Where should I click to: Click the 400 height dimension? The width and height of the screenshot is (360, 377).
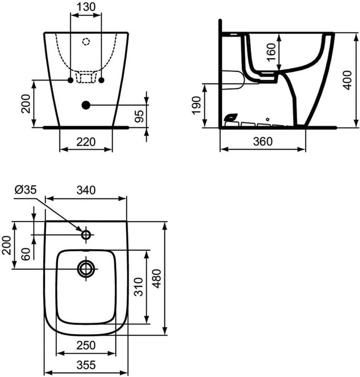point(347,79)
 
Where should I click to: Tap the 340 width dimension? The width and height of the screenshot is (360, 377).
point(86,191)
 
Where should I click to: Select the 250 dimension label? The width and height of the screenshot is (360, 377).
point(86,345)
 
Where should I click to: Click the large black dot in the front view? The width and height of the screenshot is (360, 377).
point(86,105)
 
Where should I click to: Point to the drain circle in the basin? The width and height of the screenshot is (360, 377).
point(85,269)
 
